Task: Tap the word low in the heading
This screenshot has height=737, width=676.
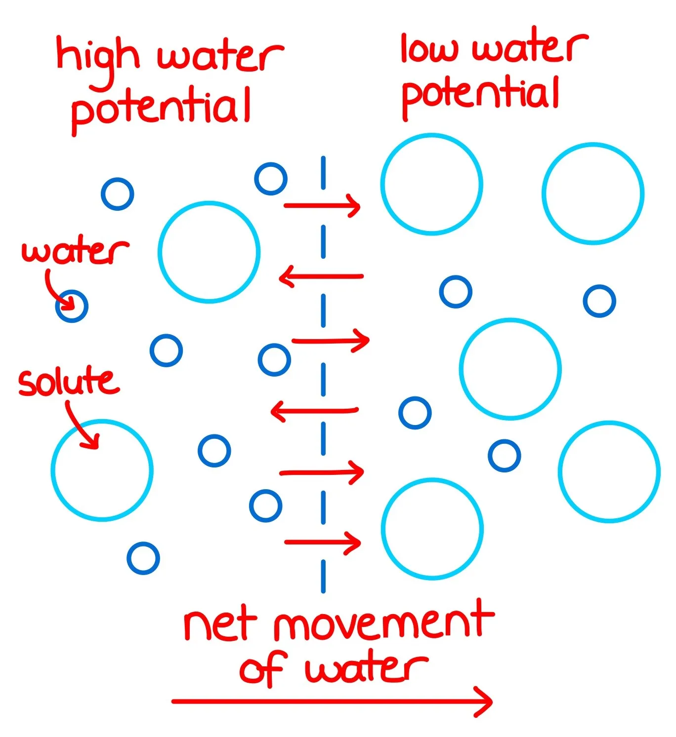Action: (x=428, y=49)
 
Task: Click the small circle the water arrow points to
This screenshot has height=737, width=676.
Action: (x=72, y=306)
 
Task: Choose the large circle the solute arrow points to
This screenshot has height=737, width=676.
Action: (x=102, y=470)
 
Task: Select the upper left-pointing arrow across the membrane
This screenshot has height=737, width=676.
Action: (x=321, y=276)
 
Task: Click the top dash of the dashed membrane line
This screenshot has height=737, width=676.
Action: (x=323, y=173)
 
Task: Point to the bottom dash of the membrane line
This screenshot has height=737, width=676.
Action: (x=323, y=576)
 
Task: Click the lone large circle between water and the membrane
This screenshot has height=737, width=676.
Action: (x=209, y=252)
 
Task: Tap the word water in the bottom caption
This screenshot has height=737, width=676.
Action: (x=366, y=669)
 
